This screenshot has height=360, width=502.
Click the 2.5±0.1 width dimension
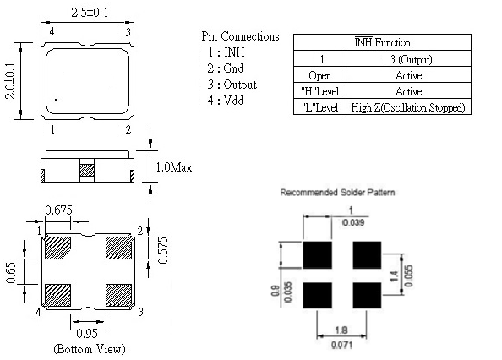click(x=90, y=13)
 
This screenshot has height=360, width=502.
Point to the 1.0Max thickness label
click(x=174, y=167)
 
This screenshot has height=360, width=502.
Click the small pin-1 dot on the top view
click(x=57, y=101)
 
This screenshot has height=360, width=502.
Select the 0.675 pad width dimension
click(x=58, y=210)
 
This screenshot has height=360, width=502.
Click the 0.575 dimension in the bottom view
click(x=163, y=250)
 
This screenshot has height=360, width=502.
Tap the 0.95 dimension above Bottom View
click(x=87, y=334)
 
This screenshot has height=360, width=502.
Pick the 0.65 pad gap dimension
click(x=11, y=273)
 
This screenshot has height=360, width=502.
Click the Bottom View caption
click(x=90, y=348)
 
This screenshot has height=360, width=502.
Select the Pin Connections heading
click(x=240, y=36)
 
